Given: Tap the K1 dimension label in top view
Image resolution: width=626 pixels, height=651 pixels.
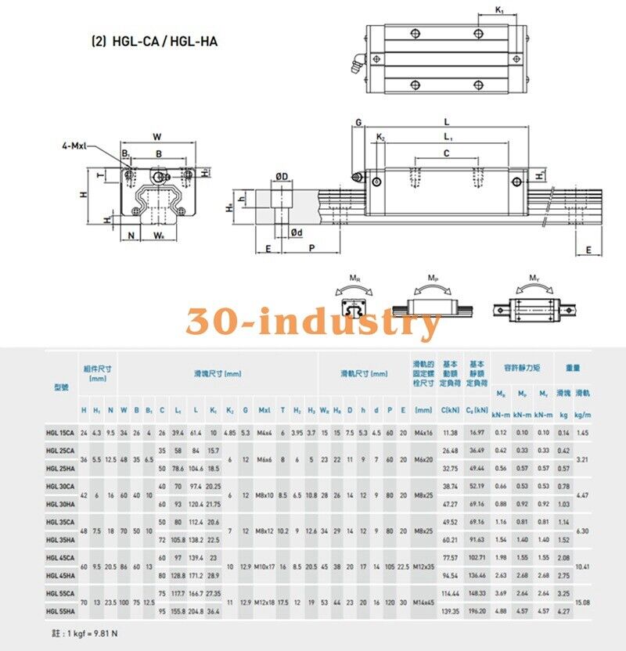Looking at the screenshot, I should (501, 10).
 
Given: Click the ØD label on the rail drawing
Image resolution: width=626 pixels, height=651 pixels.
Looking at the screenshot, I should (282, 176).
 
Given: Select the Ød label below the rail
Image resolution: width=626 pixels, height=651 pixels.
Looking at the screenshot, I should (297, 232).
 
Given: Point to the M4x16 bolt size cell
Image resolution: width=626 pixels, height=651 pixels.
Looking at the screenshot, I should (423, 433).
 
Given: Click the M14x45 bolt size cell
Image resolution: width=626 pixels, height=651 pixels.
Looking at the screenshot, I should (423, 603).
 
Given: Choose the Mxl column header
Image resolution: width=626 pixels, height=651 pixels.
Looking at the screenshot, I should (264, 409).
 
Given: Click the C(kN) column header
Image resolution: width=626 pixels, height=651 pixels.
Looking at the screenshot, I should (450, 409).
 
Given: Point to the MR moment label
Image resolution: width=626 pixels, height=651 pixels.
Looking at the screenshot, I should (354, 278).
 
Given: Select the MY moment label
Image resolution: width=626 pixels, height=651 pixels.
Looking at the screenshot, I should (534, 278).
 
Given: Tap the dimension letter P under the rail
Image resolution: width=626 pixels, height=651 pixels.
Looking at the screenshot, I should (311, 248).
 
